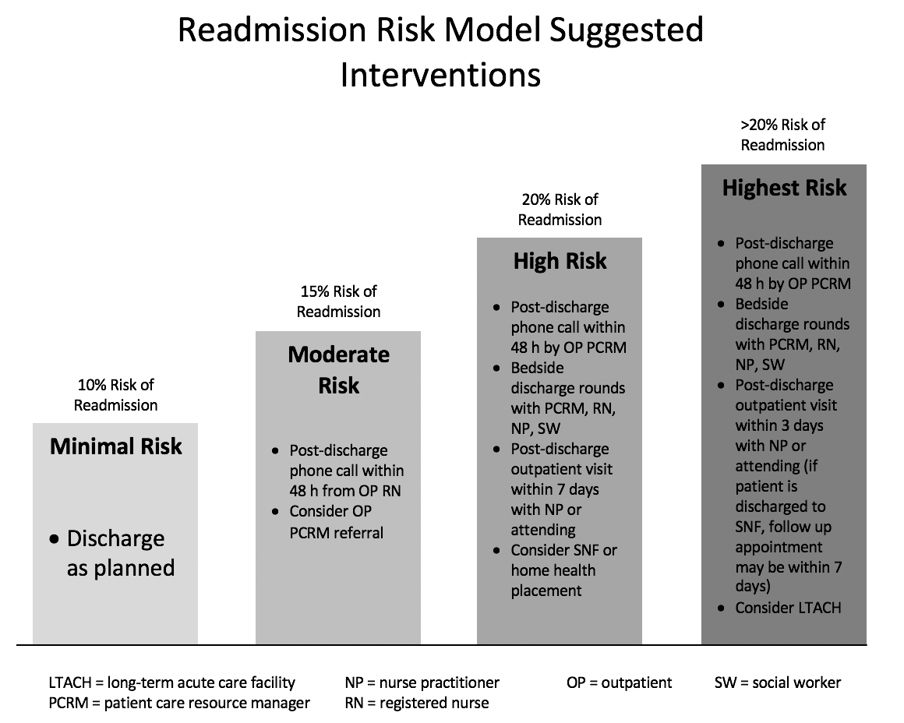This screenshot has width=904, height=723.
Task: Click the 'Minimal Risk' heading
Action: click(x=115, y=446)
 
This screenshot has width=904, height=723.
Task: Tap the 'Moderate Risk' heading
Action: click(x=338, y=369)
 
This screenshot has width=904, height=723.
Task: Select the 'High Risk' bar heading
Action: click(x=560, y=261)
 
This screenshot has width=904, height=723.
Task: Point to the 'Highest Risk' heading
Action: click(x=784, y=188)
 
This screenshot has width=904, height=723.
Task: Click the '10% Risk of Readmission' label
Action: click(x=115, y=395)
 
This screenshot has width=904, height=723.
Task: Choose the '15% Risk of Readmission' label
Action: click(x=338, y=302)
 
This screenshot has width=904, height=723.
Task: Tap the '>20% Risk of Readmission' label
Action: click(x=783, y=135)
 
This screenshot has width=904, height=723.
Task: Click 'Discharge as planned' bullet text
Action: click(x=121, y=553)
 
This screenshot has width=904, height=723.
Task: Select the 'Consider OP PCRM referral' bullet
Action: click(x=336, y=522)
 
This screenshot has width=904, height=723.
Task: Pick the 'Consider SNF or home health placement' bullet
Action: click(x=563, y=570)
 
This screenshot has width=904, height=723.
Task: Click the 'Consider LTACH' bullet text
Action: click(x=788, y=608)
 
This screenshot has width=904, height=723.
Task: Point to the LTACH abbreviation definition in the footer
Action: click(x=171, y=682)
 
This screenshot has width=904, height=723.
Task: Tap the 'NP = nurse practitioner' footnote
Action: click(x=422, y=682)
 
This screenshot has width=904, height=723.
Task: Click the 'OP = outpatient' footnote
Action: click(x=620, y=682)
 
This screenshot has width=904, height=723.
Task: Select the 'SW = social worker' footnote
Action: click(x=778, y=682)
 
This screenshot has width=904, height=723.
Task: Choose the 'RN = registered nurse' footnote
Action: click(x=417, y=703)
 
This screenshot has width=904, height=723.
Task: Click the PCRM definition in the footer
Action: click(x=179, y=703)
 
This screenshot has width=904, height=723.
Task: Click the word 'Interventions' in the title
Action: click(x=440, y=75)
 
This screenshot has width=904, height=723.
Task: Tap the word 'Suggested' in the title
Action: click(x=627, y=30)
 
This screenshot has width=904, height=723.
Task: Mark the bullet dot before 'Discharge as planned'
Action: click(x=55, y=540)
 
